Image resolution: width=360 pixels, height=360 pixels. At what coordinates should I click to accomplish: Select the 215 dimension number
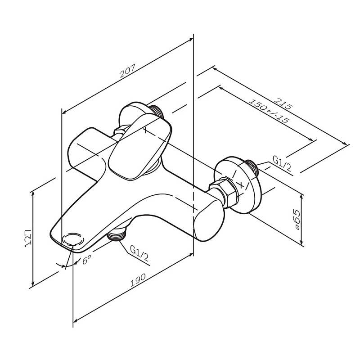tap(283, 104)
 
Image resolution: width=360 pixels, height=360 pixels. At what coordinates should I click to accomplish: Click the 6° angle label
tap(86, 260)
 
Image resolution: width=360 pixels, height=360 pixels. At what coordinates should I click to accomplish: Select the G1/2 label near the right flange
tap(282, 165)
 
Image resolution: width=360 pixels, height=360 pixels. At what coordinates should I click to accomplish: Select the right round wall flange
tap(239, 184)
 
